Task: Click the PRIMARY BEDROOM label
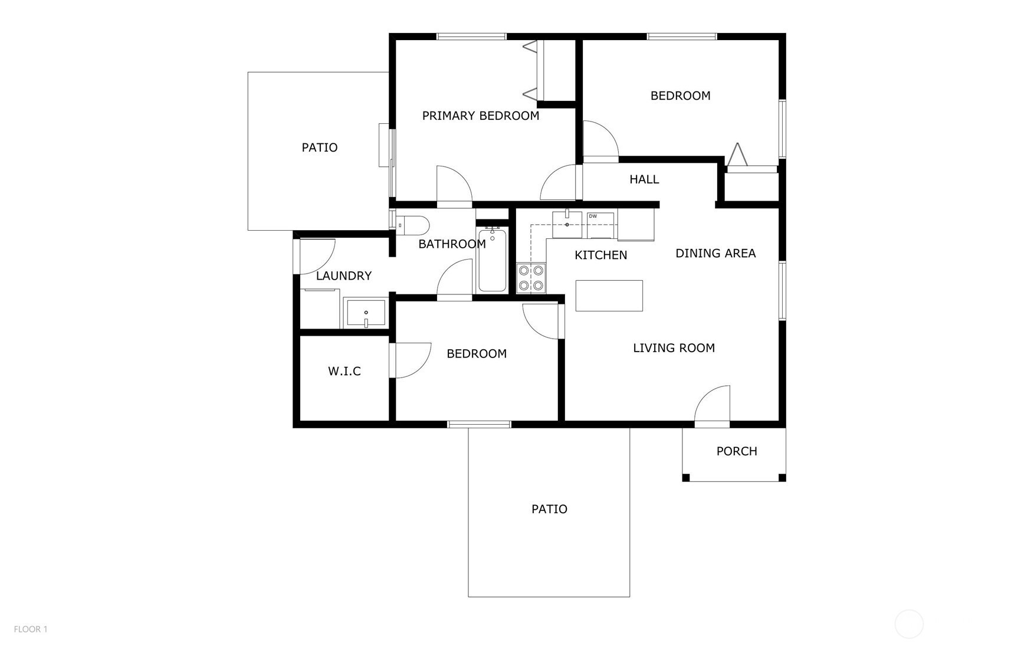(x=481, y=116)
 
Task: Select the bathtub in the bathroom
(x=493, y=260)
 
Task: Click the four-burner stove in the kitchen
(x=531, y=278)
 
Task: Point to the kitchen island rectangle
(x=609, y=296)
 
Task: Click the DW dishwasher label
(x=593, y=217)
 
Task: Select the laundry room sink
(x=366, y=313)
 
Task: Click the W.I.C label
(x=344, y=371)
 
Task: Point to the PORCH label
(x=737, y=451)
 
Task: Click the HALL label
(x=644, y=179)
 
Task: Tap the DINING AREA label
(x=715, y=253)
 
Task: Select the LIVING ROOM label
(x=674, y=348)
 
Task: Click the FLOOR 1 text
(x=31, y=629)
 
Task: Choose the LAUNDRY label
(x=344, y=276)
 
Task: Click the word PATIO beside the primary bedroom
(x=320, y=147)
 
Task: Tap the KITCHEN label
(x=601, y=255)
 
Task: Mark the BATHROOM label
(x=452, y=244)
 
